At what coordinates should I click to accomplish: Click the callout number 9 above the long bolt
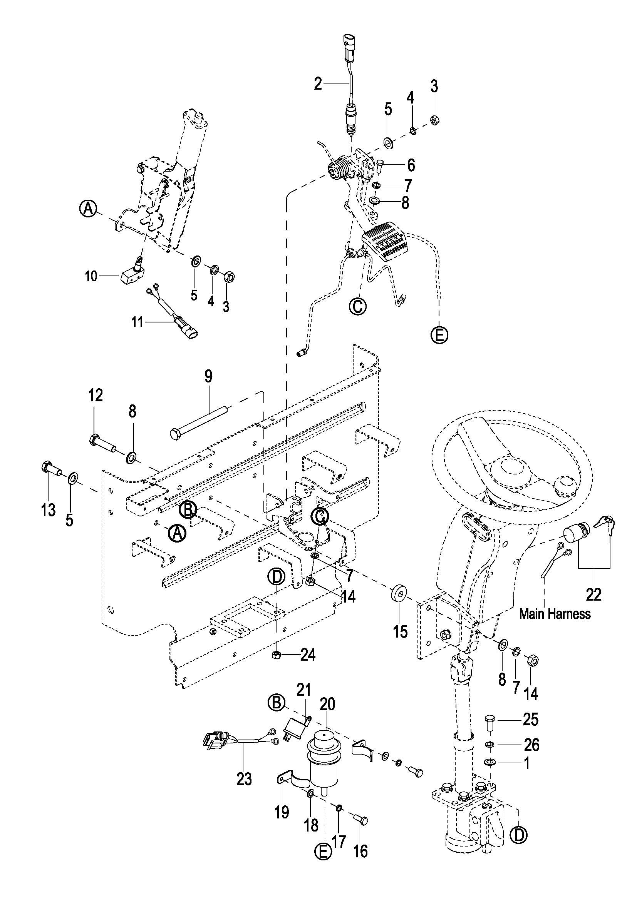pos(208,376)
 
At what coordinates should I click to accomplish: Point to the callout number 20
pos(327,705)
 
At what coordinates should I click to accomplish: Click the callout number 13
pos(48,510)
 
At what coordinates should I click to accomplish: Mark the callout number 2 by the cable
pos(318,83)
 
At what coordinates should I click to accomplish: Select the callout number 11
pos(137,323)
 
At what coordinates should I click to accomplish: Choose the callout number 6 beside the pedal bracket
pos(411,165)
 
